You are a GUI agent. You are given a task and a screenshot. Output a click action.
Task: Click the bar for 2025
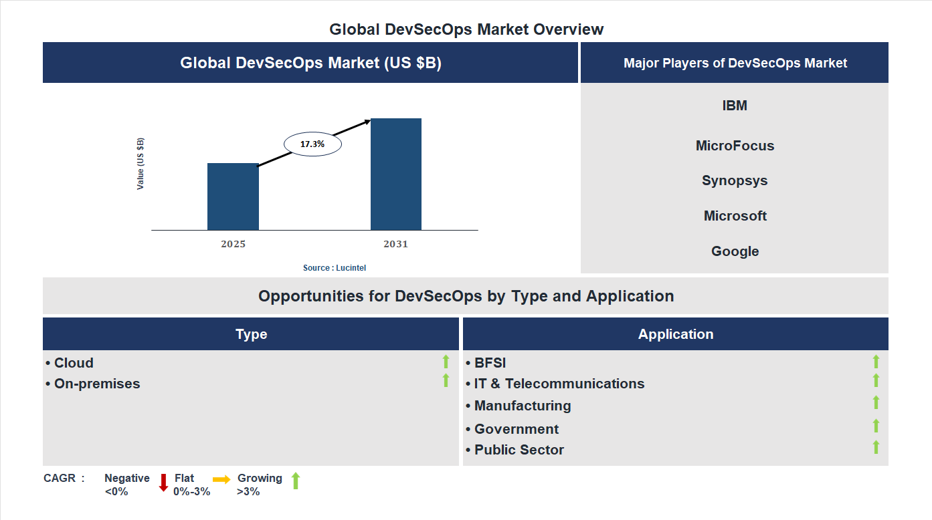click(x=233, y=197)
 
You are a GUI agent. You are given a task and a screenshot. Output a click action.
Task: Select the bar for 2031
click(x=396, y=174)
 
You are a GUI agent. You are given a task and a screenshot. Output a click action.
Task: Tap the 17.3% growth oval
click(x=312, y=144)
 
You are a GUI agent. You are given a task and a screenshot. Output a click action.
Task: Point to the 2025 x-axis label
click(x=233, y=244)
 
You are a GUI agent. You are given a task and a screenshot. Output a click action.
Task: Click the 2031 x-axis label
click(x=395, y=244)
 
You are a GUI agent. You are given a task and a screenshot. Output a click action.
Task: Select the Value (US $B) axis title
click(x=141, y=164)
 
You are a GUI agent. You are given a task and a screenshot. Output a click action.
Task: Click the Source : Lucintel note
click(x=335, y=267)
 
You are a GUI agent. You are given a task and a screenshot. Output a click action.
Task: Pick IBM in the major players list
click(x=735, y=106)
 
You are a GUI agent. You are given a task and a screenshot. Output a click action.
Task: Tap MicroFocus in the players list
click(x=735, y=146)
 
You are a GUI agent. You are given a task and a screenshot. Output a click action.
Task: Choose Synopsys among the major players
click(x=735, y=180)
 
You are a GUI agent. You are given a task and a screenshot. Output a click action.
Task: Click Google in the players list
click(x=735, y=251)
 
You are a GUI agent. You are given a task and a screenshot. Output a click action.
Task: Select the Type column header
click(x=251, y=334)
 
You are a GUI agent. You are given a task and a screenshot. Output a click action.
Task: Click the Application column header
click(x=676, y=334)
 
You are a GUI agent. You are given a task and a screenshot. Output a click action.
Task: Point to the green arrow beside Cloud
click(x=446, y=362)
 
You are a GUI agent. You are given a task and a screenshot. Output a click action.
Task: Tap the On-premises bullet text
click(x=97, y=384)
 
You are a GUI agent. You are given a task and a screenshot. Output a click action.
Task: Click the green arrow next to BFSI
click(x=876, y=362)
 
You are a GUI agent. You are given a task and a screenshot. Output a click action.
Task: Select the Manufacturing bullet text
click(x=523, y=406)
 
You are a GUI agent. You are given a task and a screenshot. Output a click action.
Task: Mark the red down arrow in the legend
click(x=163, y=482)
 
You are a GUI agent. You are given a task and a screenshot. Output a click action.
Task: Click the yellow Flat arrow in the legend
click(x=221, y=479)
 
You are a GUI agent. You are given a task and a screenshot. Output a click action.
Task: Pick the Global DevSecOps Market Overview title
click(x=466, y=29)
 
